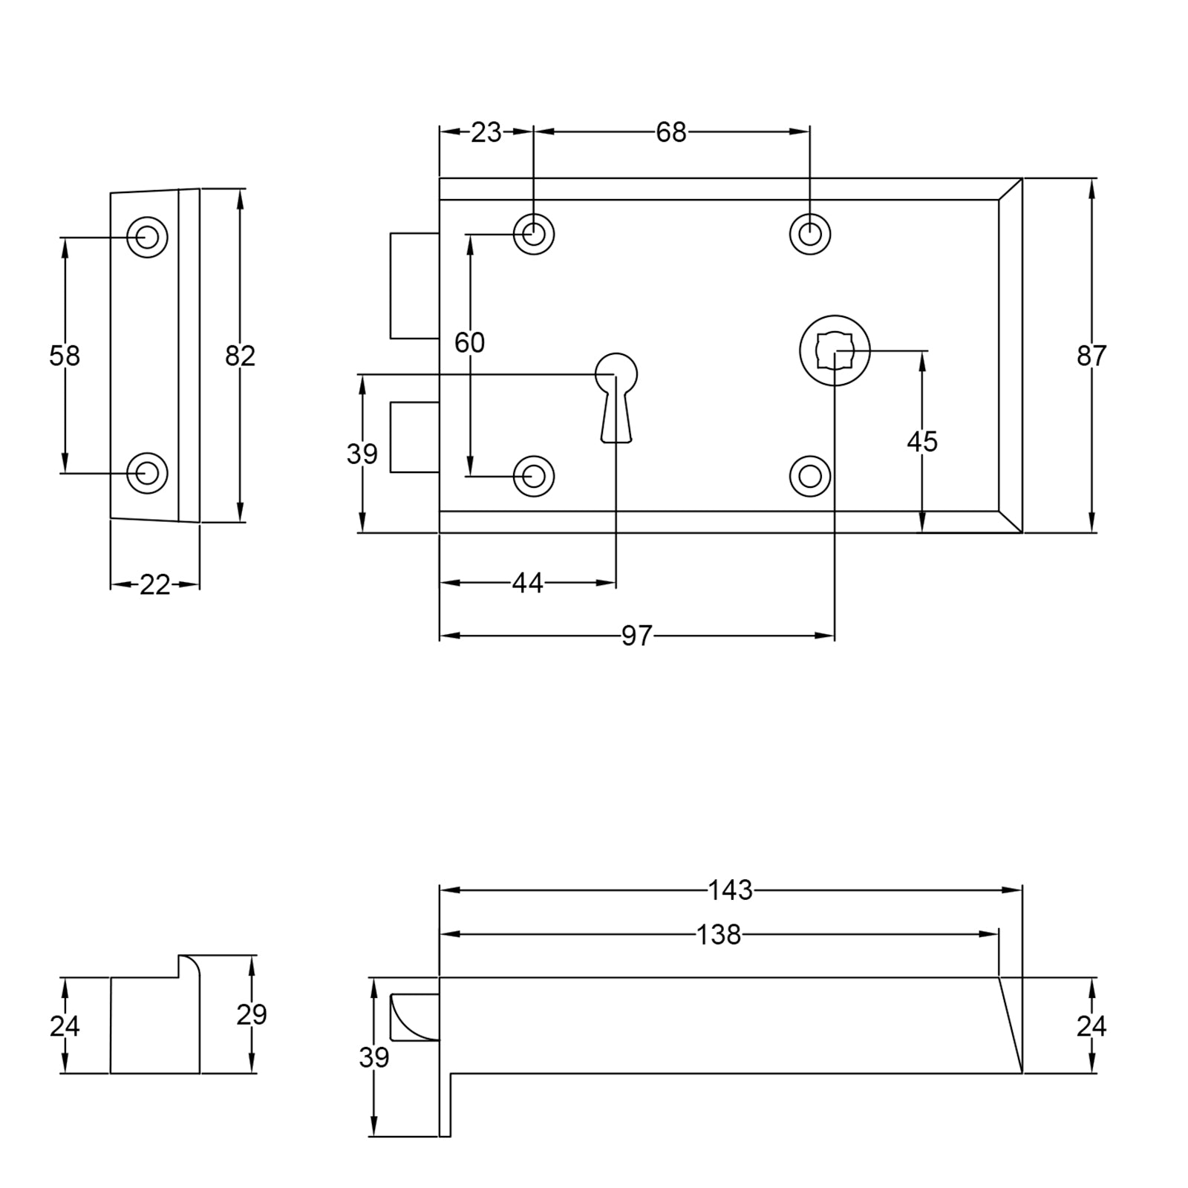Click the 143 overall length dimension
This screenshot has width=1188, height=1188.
coord(730,890)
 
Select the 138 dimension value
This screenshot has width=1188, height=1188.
coord(719,935)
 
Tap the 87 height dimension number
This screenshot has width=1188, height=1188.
coord(1091,356)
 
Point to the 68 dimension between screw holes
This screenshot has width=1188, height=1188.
coord(671,132)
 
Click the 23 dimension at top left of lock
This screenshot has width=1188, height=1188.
coord(486,132)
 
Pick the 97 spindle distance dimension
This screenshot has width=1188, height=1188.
coord(636,636)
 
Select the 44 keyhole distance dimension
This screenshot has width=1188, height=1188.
coord(527,584)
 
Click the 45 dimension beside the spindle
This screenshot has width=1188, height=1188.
coord(922,442)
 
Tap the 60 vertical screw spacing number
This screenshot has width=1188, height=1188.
coord(469,342)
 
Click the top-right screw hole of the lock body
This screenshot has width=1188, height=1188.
coord(809,234)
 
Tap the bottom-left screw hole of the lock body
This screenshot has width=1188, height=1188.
coord(533,476)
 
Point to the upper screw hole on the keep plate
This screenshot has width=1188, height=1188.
coord(147,237)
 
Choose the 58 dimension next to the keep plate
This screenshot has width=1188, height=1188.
coord(65,356)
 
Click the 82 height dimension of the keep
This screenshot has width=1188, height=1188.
coord(240,356)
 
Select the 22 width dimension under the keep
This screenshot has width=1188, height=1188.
coord(154,585)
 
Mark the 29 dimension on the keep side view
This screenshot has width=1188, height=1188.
coord(252,1014)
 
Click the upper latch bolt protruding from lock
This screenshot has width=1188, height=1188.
coord(414,286)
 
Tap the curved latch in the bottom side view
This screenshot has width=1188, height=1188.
coord(413,1016)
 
